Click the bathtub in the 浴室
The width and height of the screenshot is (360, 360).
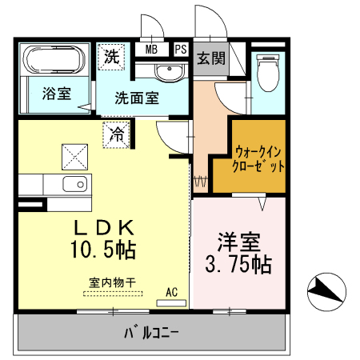point(54,59)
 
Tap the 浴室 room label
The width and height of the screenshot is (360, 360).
point(57,94)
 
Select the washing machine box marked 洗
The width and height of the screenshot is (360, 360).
point(111,57)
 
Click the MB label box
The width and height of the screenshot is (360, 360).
point(151,50)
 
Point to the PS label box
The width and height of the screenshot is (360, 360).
point(181,50)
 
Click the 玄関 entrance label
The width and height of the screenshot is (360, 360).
point(211,58)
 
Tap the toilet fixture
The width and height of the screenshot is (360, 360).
point(267,73)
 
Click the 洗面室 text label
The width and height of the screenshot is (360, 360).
point(137,98)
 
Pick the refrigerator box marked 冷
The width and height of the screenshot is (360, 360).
point(117,134)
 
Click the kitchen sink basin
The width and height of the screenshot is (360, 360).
point(75,184)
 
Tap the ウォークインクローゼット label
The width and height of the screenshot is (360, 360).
point(258,159)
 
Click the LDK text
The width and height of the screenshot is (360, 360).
point(104,228)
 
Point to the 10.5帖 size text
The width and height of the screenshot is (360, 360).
point(103,250)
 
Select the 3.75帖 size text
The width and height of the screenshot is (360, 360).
point(238,265)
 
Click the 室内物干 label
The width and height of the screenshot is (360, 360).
point(113,282)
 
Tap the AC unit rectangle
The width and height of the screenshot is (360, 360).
point(171,303)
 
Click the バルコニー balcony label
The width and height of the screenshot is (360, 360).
point(151,333)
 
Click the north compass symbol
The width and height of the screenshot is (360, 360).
point(326,292)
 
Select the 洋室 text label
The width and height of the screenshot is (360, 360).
point(238,242)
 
